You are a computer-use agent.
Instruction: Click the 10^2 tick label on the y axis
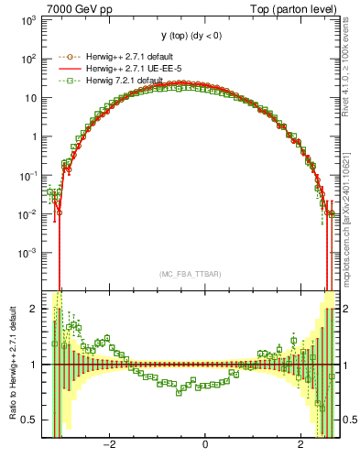(27, 59)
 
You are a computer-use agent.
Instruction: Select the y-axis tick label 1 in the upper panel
(35, 136)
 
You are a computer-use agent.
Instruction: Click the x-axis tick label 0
(204, 444)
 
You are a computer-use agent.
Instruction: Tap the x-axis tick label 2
(301, 444)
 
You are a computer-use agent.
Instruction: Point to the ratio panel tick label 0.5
(29, 420)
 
